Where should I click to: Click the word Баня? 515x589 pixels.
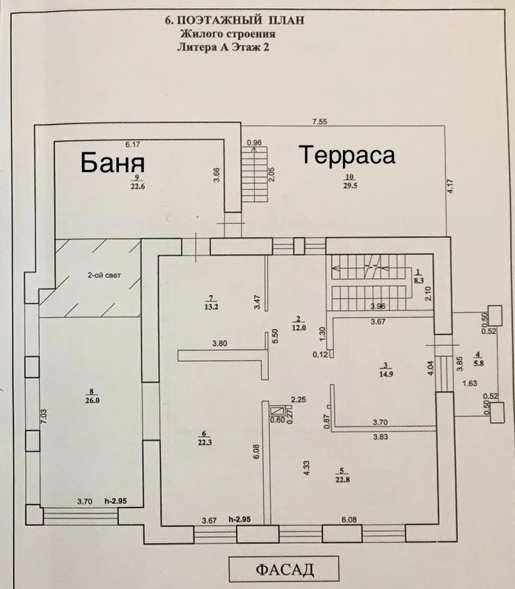click(x=112, y=162)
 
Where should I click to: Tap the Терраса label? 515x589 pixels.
click(x=347, y=155)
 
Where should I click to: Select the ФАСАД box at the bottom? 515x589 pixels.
click(x=284, y=569)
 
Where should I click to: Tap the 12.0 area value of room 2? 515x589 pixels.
click(x=299, y=327)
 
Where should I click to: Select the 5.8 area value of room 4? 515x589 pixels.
click(x=479, y=364)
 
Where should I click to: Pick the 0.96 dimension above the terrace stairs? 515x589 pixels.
click(x=254, y=143)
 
